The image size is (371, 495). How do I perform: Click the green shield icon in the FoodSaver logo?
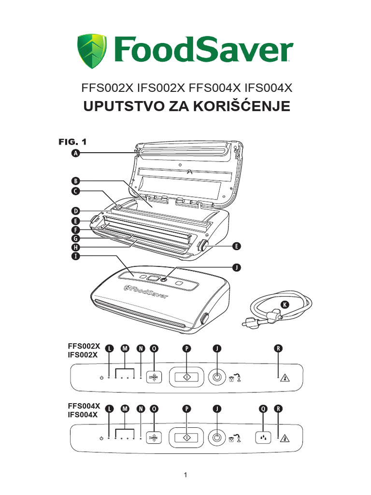[x=92, y=51]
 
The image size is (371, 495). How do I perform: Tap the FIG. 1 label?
[x=72, y=142]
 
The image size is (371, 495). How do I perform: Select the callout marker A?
[x=75, y=153]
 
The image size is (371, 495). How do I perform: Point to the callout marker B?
[x=75, y=181]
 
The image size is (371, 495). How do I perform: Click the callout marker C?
[x=75, y=191]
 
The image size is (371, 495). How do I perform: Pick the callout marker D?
[x=75, y=211]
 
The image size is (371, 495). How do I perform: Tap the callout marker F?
[x=75, y=230]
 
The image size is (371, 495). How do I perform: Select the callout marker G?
[x=75, y=238]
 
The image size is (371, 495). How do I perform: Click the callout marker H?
[x=75, y=247]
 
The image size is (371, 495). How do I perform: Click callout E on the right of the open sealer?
[x=236, y=247]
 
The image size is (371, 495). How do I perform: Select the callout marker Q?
[x=263, y=408]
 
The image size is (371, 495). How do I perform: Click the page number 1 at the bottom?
[x=185, y=475]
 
